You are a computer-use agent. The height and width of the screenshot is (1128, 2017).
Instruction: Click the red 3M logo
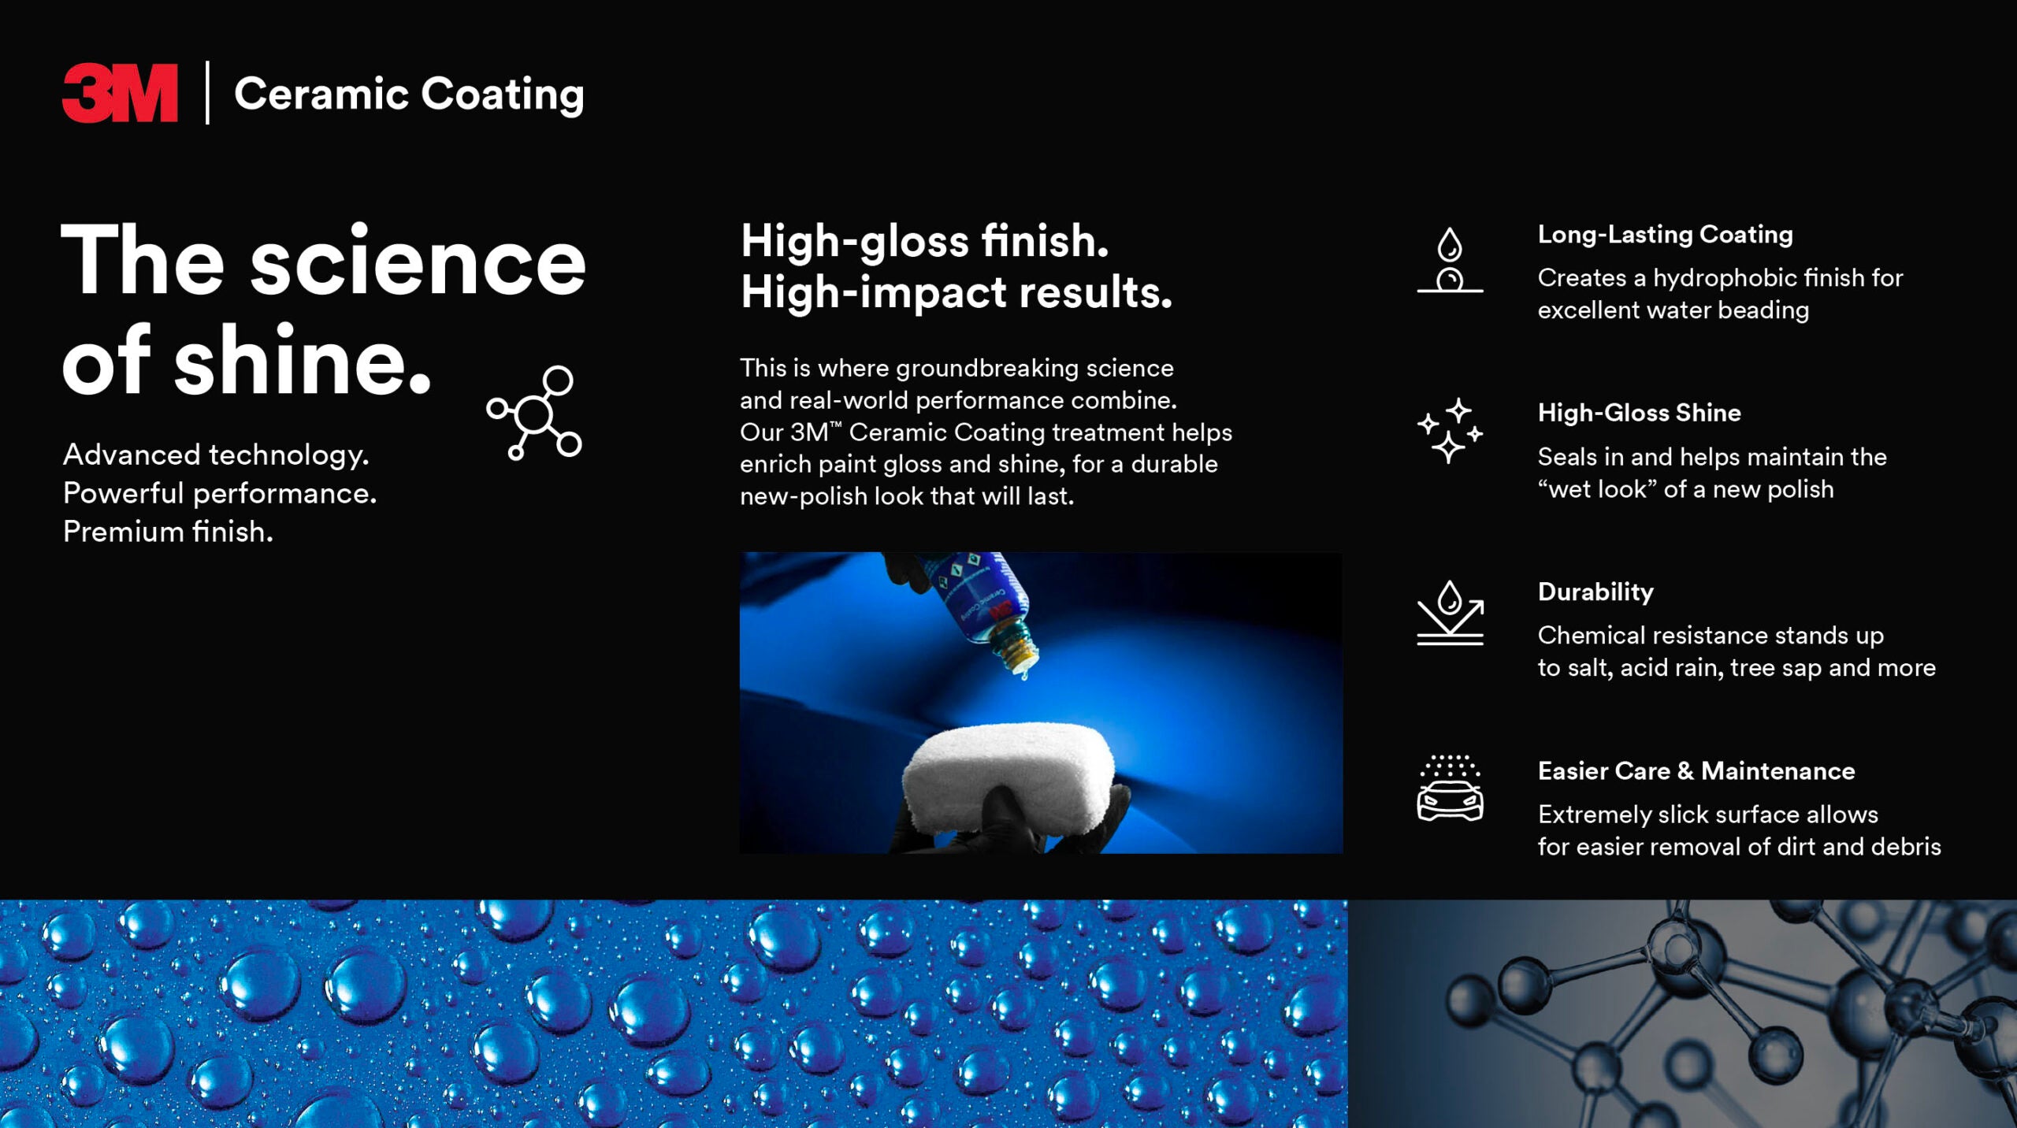point(120,93)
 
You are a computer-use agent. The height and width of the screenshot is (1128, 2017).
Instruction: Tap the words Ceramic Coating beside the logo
point(409,95)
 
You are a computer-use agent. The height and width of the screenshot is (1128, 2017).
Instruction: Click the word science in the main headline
point(418,262)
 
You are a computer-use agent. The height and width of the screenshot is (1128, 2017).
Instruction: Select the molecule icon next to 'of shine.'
point(534,412)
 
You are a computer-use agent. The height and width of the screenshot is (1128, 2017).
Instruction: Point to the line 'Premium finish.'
point(168,532)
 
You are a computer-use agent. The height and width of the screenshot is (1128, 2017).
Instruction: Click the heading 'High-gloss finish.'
point(924,241)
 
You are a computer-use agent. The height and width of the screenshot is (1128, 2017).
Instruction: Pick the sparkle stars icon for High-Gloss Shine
point(1450,430)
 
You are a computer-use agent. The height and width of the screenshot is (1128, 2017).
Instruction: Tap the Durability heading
point(1595,592)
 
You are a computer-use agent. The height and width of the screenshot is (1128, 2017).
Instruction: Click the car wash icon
point(1450,788)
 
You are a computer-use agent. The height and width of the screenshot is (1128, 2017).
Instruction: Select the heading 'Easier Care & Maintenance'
point(1696,770)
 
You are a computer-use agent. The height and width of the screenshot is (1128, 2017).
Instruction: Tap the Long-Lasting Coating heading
point(1665,234)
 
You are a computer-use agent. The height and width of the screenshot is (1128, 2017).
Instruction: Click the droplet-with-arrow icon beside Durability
point(1450,613)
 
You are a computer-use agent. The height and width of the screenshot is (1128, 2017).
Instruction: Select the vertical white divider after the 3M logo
point(207,93)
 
